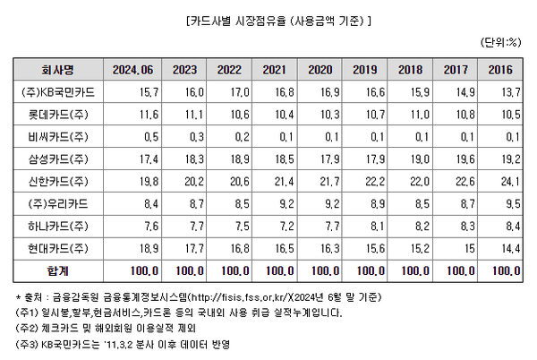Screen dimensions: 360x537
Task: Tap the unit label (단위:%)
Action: pyautogui.click(x=503, y=41)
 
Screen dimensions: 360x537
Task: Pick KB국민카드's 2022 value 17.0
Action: pyautogui.click(x=236, y=91)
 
